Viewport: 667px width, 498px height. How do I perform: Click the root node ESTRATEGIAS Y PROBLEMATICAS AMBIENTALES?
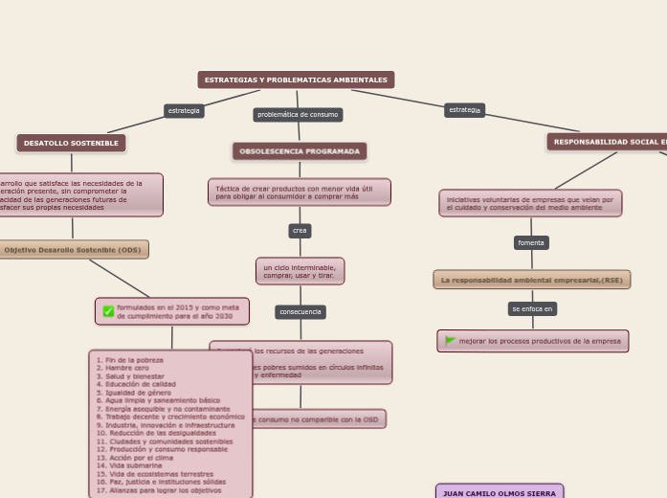[296, 79]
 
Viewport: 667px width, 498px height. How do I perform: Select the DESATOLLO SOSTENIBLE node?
[71, 143]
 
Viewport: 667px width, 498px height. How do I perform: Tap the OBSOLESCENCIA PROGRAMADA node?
[300, 151]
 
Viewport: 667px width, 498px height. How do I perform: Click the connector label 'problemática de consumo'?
[298, 115]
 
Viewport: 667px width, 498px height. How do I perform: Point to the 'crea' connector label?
[300, 231]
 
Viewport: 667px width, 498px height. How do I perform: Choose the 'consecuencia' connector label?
[300, 312]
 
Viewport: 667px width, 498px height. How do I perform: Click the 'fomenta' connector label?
[531, 243]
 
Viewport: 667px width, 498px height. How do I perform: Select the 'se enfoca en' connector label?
[532, 309]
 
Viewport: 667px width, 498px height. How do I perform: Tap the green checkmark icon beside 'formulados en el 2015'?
[108, 311]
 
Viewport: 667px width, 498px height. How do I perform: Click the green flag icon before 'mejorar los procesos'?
[450, 341]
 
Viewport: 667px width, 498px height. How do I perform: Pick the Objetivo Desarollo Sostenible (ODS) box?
[73, 250]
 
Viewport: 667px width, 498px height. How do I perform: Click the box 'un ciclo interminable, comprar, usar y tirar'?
[300, 271]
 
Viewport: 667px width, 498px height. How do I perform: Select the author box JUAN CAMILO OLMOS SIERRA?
[500, 492]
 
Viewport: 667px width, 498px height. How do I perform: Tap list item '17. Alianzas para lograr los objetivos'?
[159, 489]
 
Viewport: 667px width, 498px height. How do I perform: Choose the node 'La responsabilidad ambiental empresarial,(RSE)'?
[531, 280]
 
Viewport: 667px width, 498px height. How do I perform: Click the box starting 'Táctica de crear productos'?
[300, 192]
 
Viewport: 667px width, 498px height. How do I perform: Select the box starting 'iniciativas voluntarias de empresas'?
[531, 203]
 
